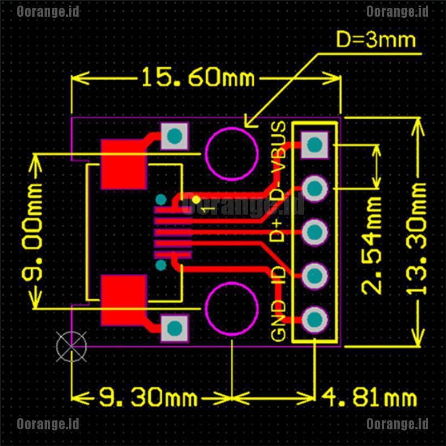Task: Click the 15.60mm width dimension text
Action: [x=198, y=77]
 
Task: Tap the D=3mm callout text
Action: [x=376, y=40]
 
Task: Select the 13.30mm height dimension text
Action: [x=416, y=239]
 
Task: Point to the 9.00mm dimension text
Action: [x=32, y=232]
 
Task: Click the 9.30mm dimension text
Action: [x=148, y=397]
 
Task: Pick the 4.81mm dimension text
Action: [x=369, y=397]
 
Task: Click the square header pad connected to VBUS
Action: [x=314, y=145]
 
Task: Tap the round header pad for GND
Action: [x=314, y=319]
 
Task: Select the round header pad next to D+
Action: [x=314, y=232]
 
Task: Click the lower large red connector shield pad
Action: [x=124, y=300]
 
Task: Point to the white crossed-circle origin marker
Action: [x=71, y=346]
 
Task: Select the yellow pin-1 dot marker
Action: [x=196, y=200]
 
